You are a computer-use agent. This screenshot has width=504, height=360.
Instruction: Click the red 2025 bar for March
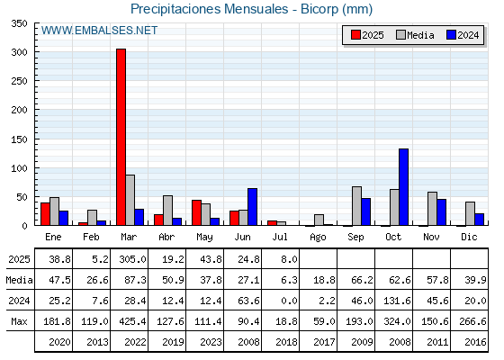(x=121, y=137)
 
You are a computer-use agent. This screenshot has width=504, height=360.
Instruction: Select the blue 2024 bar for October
(x=404, y=187)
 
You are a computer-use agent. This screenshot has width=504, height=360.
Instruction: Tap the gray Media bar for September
(x=356, y=206)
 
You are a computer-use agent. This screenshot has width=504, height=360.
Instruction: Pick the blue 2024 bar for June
(x=252, y=207)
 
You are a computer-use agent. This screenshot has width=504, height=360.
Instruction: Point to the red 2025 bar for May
(x=197, y=212)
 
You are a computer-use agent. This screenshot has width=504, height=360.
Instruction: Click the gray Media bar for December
(x=470, y=214)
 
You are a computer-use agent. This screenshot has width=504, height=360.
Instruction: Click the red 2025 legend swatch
(x=355, y=35)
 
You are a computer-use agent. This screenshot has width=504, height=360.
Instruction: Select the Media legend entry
(x=415, y=35)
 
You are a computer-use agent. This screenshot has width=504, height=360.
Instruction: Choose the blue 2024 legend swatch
(x=451, y=35)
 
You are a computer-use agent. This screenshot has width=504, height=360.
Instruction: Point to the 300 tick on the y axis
(x=19, y=52)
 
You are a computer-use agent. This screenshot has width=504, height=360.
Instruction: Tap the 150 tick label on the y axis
(x=19, y=139)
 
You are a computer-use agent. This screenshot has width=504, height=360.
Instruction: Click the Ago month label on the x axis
(x=318, y=238)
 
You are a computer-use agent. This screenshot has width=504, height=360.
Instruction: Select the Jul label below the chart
(x=280, y=237)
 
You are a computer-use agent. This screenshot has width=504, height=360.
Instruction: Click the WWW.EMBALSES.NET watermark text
(x=99, y=31)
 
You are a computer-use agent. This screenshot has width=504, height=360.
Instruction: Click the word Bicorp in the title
(x=319, y=9)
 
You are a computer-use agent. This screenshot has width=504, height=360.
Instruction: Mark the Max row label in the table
(x=19, y=321)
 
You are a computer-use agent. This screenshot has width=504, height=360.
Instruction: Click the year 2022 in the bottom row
(x=135, y=342)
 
